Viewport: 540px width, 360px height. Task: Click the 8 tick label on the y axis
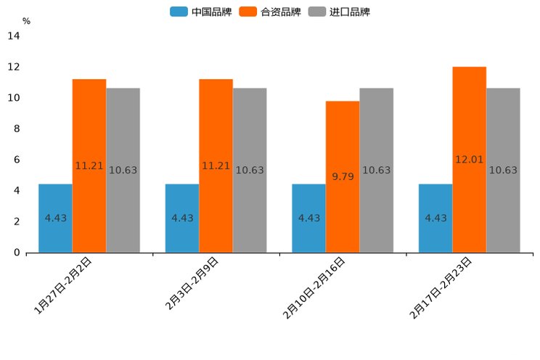16,128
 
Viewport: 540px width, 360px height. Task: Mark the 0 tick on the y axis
16,253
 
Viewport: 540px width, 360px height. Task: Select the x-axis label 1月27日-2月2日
64,285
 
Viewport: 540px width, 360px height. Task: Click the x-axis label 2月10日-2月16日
314,288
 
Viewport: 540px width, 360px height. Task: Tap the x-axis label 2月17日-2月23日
441,288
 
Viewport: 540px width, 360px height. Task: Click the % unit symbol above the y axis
26,21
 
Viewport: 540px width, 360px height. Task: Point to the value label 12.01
469,160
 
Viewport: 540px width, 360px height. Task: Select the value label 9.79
343,176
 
